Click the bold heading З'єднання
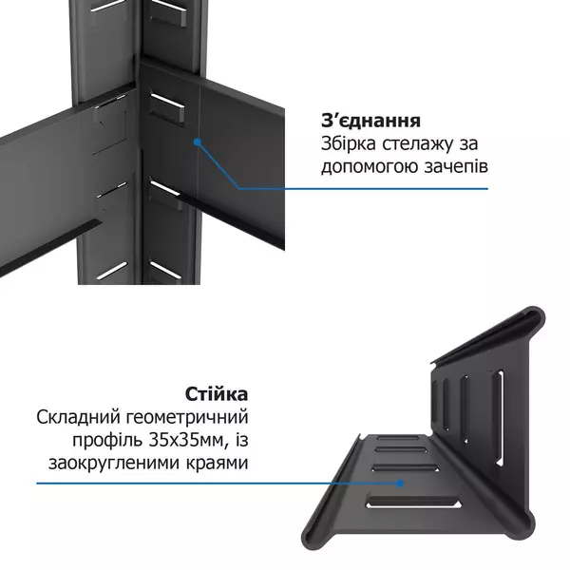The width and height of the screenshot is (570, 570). point(370,122)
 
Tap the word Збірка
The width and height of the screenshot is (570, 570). point(350,144)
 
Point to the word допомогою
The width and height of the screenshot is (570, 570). point(366,167)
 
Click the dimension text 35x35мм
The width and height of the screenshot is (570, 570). point(181,440)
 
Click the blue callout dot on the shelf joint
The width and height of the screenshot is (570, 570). point(197,142)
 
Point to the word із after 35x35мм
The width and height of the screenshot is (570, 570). point(238,440)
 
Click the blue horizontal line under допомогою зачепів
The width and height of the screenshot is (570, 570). point(380,188)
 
